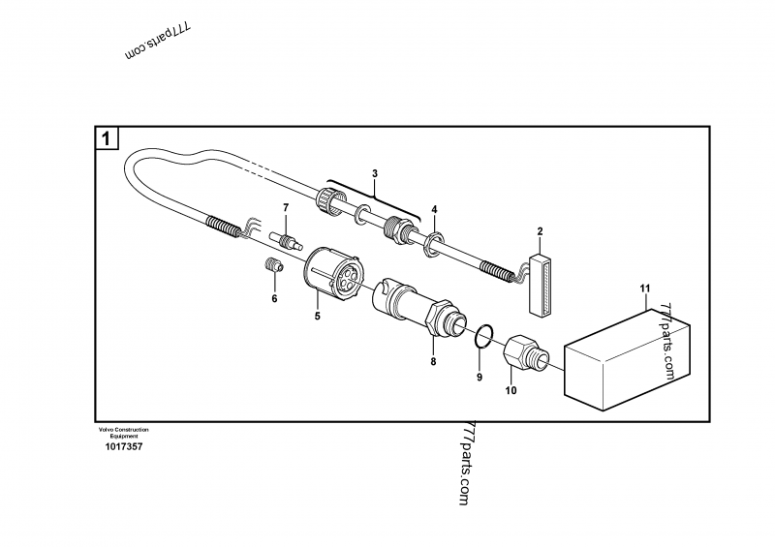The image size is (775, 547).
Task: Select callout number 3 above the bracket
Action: click(375, 174)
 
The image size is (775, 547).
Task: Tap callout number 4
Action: click(434, 209)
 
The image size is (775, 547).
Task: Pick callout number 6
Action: click(274, 299)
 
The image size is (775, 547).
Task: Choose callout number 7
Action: click(285, 208)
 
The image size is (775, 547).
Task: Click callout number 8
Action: click(433, 361)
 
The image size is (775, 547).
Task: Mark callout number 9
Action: click(478, 377)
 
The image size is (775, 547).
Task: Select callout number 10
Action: click(511, 390)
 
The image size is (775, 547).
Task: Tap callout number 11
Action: click(644, 289)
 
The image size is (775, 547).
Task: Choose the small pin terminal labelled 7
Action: click(288, 234)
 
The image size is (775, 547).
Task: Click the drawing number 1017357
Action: click(122, 447)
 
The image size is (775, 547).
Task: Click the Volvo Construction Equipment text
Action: click(123, 432)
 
